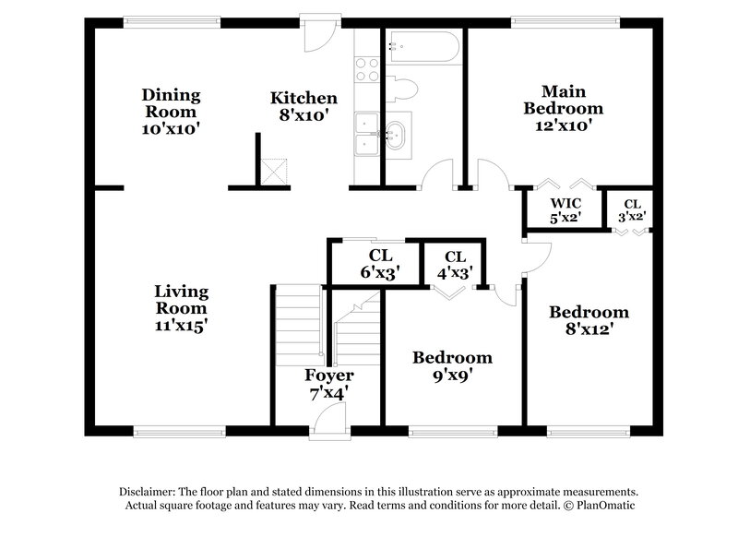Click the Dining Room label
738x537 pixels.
point(171,112)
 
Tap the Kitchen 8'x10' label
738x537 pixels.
point(304,106)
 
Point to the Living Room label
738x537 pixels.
point(181,308)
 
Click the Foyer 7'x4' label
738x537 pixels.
point(329,385)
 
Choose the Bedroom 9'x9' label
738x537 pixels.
point(452,366)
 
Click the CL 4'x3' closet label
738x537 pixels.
point(454,265)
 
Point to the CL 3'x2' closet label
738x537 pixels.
point(632,210)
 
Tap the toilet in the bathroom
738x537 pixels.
point(403,89)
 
